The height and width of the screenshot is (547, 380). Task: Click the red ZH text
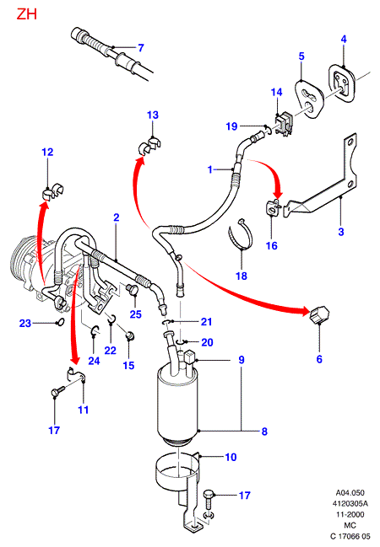click(x=26, y=14)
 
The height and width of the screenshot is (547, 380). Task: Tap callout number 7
click(x=141, y=47)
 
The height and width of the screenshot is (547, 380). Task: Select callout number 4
click(x=344, y=39)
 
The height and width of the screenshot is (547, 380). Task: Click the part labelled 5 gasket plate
click(x=309, y=99)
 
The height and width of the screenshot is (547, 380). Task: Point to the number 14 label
click(x=276, y=92)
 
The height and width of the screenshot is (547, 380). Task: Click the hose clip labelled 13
click(x=150, y=146)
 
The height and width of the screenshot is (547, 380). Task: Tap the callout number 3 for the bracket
click(x=341, y=232)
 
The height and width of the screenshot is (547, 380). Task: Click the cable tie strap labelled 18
click(x=242, y=235)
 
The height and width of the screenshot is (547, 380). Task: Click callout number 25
click(x=136, y=314)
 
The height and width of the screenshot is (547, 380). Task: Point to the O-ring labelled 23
click(x=60, y=321)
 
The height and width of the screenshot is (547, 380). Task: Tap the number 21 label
click(x=206, y=322)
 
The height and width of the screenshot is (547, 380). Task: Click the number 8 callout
click(x=264, y=432)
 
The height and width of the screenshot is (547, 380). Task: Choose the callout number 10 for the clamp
click(x=231, y=457)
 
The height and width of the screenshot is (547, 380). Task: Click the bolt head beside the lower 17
click(x=209, y=494)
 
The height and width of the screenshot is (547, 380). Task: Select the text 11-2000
click(x=350, y=514)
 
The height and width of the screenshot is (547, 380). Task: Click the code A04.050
click(x=350, y=492)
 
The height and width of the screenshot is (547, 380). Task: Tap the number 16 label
click(x=272, y=245)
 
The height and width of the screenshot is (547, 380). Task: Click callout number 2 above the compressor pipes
click(x=117, y=217)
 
